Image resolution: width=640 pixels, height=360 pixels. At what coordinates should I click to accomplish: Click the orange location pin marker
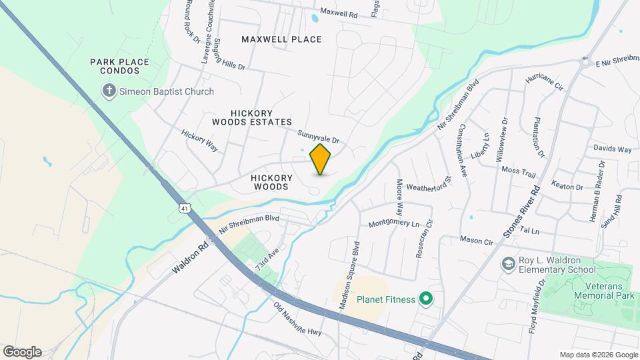click(x=321, y=159)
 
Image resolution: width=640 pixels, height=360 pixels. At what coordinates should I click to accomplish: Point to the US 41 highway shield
click(x=183, y=209)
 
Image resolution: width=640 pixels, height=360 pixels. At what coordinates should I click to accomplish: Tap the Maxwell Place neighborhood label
click(x=281, y=39)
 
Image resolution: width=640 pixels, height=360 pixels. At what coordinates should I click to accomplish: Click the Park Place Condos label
click(x=120, y=66)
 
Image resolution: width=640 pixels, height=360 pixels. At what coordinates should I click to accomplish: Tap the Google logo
click(x=22, y=352)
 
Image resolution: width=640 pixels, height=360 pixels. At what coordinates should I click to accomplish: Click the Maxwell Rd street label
click(x=339, y=12)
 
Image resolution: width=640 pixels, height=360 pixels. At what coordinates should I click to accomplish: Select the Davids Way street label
click(x=612, y=149)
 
